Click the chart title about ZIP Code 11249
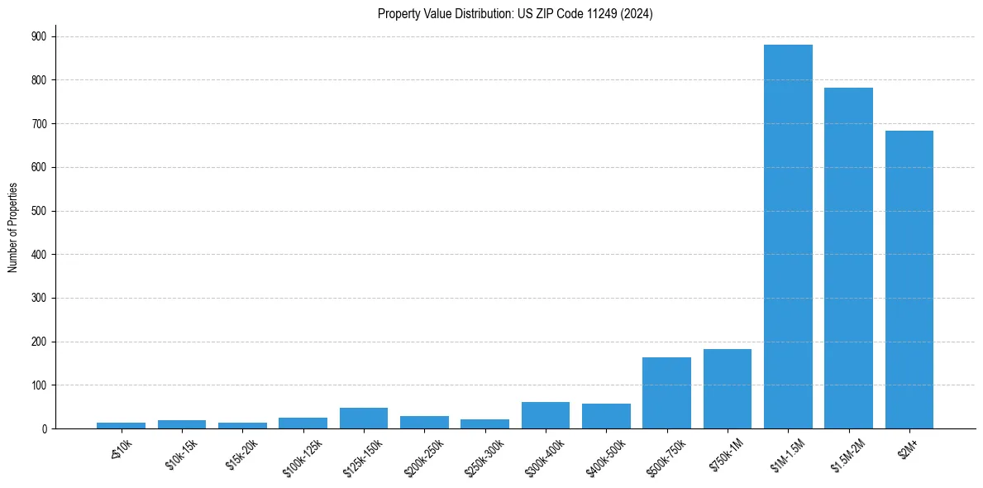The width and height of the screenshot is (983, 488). coord(515,14)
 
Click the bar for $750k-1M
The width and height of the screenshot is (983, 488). coord(728,389)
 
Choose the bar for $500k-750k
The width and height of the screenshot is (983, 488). coord(666,393)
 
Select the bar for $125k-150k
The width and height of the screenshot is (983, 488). coord(364,418)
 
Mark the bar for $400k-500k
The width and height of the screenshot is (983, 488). coord(606,416)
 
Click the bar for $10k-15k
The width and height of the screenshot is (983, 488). coord(182,424)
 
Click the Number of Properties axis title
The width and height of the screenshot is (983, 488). coord(13,227)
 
